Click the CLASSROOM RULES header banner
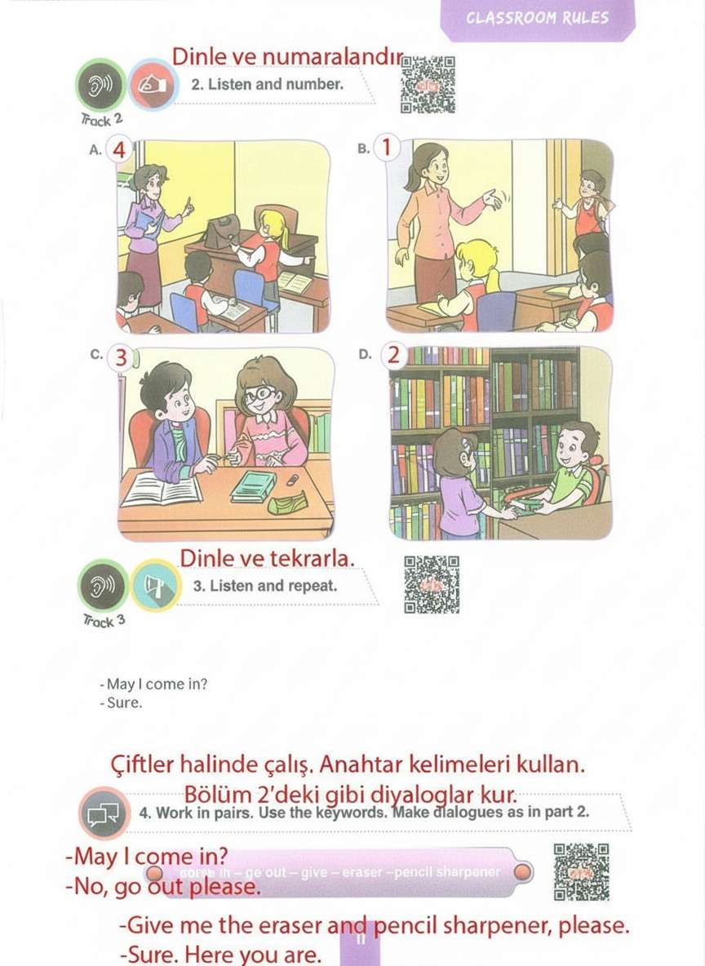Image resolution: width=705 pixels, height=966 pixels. (x=538, y=19)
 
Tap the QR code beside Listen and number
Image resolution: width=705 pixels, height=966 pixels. (x=428, y=85)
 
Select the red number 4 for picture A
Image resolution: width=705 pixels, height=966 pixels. (x=120, y=151)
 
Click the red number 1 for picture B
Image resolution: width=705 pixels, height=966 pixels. (x=387, y=148)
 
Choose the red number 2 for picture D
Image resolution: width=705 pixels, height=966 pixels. (x=394, y=356)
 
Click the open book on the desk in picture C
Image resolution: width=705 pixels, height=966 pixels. (x=161, y=490)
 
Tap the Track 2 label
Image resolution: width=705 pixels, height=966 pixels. (x=102, y=119)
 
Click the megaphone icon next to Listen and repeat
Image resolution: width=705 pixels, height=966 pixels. (x=155, y=585)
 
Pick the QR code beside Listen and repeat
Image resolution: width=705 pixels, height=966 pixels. (x=432, y=584)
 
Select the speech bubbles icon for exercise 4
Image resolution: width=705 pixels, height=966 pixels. (x=104, y=813)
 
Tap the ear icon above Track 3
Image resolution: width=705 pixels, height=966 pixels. (x=103, y=585)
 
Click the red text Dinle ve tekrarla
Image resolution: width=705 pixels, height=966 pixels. (x=267, y=559)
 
